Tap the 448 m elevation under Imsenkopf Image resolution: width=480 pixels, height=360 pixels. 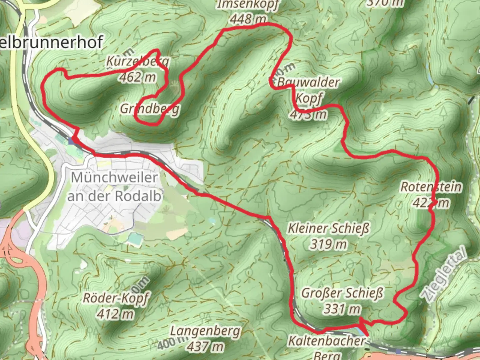coord(248,19)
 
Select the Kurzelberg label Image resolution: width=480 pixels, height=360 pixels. coord(138,61)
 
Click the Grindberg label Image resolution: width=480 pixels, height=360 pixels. coord(150,109)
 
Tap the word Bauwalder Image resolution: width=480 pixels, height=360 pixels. coord(308,82)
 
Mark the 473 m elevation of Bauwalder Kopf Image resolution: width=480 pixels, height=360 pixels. coord(308,114)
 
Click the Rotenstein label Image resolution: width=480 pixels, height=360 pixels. coord(431,187)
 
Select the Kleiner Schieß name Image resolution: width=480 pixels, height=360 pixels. coord(329,229)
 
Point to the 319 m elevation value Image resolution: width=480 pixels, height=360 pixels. coord(329,244)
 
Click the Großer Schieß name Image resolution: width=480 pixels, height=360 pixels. coord(342,293)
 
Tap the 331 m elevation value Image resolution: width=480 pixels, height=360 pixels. coord(342,309)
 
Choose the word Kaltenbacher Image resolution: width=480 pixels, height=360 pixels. coord(327,341)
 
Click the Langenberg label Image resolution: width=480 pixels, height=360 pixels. coord(205,331)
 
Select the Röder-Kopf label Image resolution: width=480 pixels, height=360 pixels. coord(116,298)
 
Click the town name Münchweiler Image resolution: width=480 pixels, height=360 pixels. coord(114,177)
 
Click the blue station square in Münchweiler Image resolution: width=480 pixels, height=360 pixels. coord(71,141)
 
